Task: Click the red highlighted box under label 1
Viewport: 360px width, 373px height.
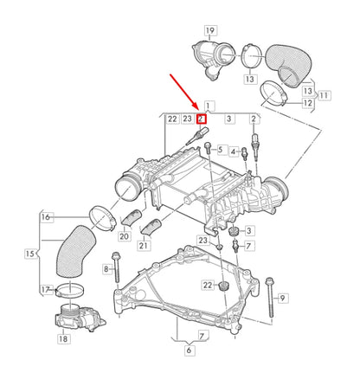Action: [201, 119]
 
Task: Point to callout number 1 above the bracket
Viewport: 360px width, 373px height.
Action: [208, 105]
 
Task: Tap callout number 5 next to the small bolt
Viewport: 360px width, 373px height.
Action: [222, 149]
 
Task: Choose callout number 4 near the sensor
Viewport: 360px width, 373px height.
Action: [233, 152]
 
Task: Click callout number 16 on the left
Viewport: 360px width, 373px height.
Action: [46, 217]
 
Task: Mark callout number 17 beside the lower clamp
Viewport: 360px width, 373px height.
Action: [46, 290]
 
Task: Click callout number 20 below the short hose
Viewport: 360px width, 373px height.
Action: [124, 236]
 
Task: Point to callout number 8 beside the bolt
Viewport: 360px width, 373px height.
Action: [106, 270]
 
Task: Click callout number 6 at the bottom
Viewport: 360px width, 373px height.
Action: [189, 351]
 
